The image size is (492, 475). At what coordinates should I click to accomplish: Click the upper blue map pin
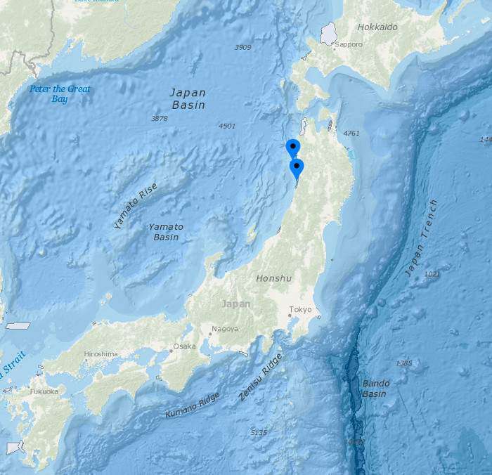click(x=293, y=148)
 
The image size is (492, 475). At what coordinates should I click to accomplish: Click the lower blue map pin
click(x=297, y=167)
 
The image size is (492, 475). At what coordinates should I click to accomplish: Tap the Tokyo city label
click(x=300, y=310)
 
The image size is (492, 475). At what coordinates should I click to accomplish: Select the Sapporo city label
click(x=349, y=44)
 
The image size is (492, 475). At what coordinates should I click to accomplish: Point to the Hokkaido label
click(x=377, y=27)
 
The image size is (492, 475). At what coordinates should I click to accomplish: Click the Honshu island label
click(x=273, y=278)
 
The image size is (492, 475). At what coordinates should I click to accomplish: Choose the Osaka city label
click(x=185, y=346)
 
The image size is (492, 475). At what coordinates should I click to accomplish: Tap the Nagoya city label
click(x=225, y=328)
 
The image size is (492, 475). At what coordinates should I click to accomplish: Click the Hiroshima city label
click(x=101, y=354)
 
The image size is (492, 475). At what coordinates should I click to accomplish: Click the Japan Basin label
click(x=188, y=98)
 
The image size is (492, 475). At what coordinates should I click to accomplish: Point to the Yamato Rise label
click(x=136, y=205)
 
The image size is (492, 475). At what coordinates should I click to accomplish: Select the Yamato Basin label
click(x=166, y=232)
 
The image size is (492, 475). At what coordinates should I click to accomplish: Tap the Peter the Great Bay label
click(x=60, y=93)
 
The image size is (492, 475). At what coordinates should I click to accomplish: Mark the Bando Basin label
click(x=375, y=389)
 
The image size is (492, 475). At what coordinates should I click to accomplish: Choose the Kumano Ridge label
click(x=192, y=405)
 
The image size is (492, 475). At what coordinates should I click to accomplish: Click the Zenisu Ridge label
click(x=260, y=377)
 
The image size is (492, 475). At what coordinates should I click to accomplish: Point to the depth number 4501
click(x=227, y=126)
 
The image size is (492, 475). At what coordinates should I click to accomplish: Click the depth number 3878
click(x=160, y=119)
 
